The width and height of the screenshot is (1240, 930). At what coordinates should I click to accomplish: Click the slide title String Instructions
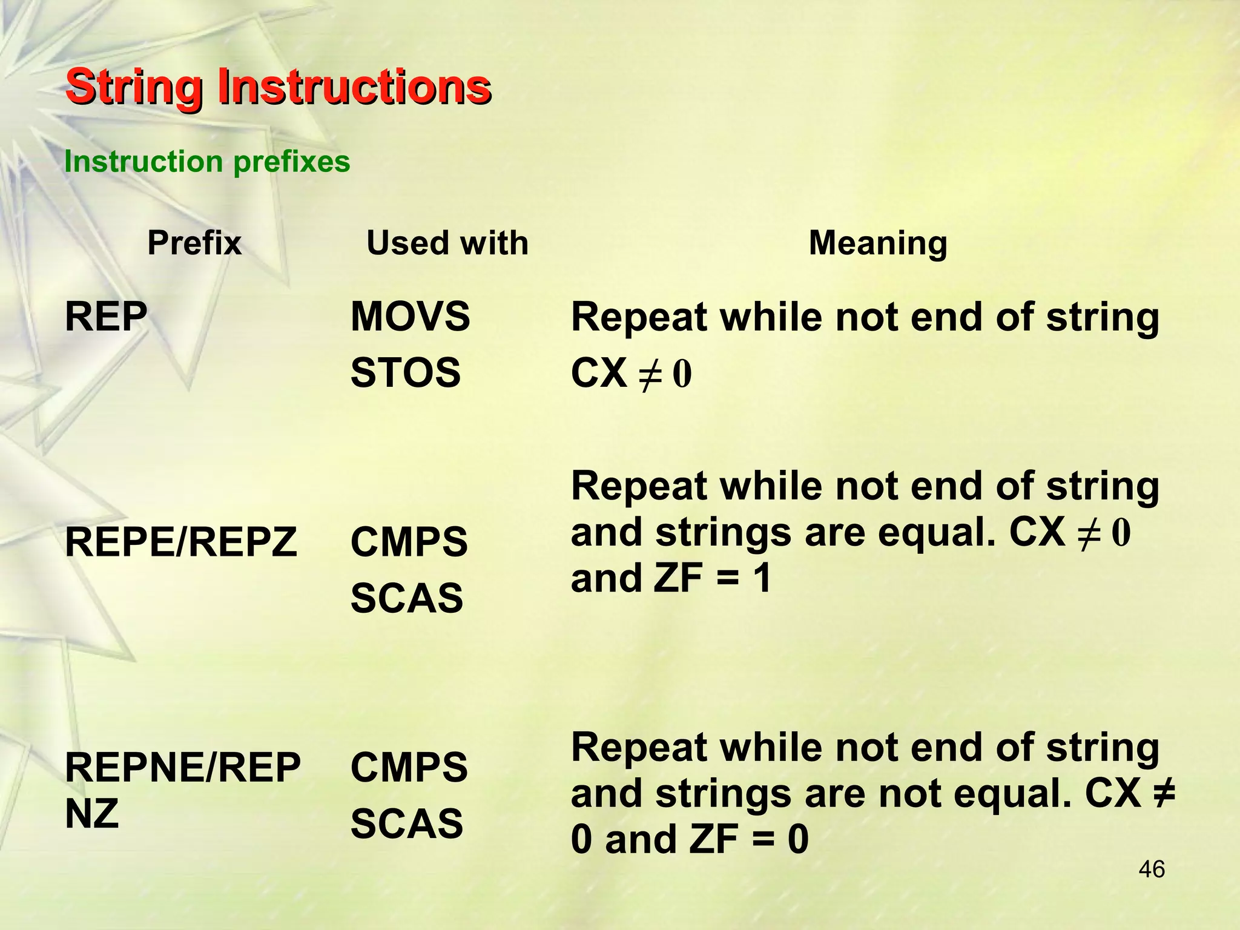(278, 87)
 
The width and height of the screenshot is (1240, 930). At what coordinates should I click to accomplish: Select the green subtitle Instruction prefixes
(207, 162)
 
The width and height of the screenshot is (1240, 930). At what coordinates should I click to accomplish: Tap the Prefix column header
(194, 243)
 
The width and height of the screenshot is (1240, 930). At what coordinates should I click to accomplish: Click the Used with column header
(447, 243)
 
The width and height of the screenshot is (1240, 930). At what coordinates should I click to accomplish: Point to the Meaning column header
(877, 243)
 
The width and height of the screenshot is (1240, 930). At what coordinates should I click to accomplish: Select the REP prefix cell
(106, 317)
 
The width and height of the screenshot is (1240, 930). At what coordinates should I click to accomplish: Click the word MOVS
(410, 317)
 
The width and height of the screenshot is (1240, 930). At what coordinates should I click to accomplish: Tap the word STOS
(406, 372)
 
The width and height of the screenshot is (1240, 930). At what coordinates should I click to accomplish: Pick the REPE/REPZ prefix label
(180, 542)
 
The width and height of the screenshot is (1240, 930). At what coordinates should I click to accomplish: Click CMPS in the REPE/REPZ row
(409, 542)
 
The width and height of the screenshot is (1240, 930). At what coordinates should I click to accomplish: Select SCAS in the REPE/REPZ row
(406, 598)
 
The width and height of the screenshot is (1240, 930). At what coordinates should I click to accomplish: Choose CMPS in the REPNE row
(409, 768)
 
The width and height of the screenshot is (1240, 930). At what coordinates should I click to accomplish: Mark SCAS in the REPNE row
(406, 824)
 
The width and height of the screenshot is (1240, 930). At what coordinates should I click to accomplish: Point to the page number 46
(1151, 869)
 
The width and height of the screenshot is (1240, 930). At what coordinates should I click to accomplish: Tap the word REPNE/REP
(182, 768)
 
